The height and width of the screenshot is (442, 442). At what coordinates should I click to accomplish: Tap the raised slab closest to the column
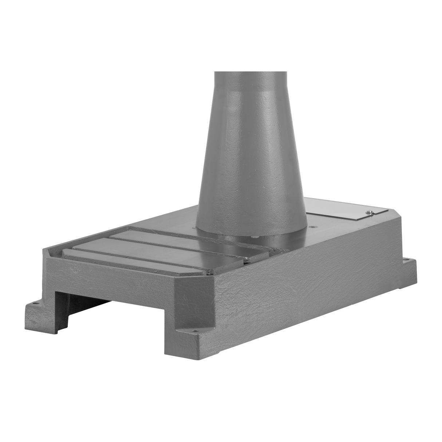(182, 237)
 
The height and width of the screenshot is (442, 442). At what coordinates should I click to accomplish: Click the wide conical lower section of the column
(251, 164)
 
